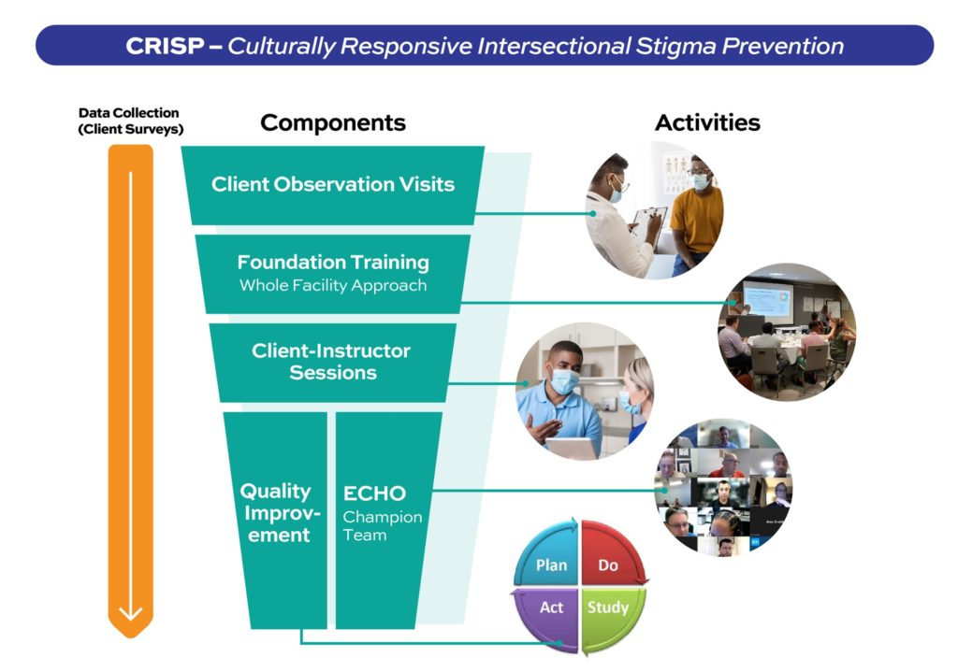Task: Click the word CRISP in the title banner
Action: point(165,46)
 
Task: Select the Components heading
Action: point(333,122)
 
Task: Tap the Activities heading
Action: point(707,122)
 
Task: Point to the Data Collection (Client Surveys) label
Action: point(130,121)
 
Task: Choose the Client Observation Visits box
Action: point(333,185)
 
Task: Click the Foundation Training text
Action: point(333,263)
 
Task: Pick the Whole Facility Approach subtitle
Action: point(333,285)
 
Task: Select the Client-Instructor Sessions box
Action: point(333,363)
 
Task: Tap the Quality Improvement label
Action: point(279,513)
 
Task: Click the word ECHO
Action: point(374,493)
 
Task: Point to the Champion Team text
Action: point(382,525)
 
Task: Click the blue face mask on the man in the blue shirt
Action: point(564,380)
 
